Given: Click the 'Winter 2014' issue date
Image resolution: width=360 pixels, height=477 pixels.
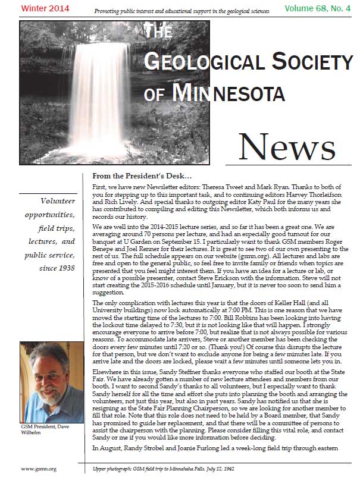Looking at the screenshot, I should (36, 8).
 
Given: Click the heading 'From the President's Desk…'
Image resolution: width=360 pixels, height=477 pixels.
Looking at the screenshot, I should (142, 177).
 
